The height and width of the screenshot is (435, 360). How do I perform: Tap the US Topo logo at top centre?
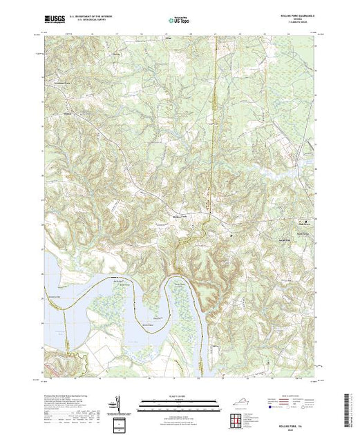(x=180, y=20)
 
